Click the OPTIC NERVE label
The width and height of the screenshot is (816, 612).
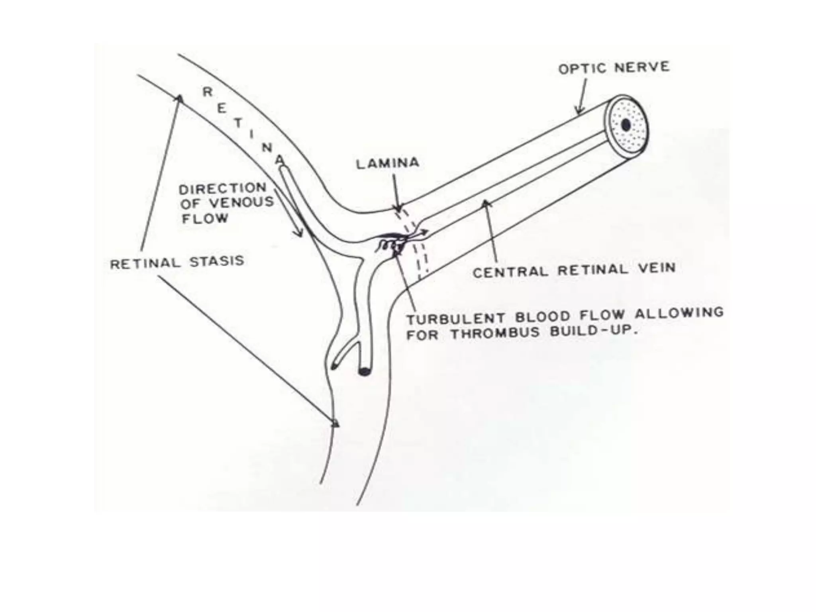tap(614, 68)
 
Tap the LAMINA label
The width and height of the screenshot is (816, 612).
tap(387, 163)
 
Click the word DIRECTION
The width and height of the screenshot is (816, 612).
tap(222, 188)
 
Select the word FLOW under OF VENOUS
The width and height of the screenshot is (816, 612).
tap(205, 218)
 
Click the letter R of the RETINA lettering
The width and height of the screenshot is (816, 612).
tap(208, 92)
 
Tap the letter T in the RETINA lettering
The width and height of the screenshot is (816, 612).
tap(237, 123)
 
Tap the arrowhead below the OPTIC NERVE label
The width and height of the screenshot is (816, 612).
tap(580, 110)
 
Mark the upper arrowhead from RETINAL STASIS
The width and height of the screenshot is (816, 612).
tap(180, 98)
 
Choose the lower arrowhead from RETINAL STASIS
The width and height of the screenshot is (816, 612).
tap(336, 424)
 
